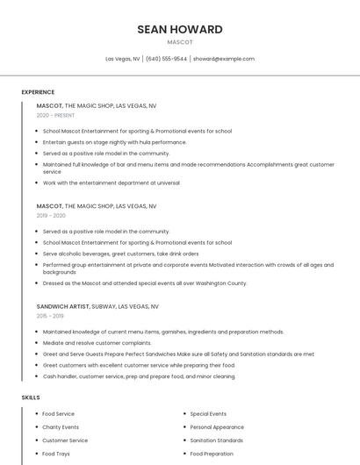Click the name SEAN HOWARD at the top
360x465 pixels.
(180, 29)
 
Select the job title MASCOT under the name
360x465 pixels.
(180, 42)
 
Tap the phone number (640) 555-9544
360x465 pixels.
(166, 59)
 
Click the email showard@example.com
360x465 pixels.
(224, 59)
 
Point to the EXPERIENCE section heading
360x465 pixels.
(38, 92)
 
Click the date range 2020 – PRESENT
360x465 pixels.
(55, 115)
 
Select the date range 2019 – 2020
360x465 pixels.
(51, 215)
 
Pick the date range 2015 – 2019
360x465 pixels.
(50, 316)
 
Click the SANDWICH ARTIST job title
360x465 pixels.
(63, 307)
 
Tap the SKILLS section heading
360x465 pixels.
(31, 397)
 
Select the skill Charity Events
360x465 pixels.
(61, 427)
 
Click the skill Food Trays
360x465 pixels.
(56, 454)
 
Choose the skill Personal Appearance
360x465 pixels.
(217, 427)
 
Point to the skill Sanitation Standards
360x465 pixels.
(217, 440)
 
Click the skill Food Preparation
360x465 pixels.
(212, 454)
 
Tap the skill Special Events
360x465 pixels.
(208, 414)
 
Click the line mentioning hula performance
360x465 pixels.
(114, 142)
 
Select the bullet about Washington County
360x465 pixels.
(145, 283)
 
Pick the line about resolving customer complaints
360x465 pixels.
(97, 343)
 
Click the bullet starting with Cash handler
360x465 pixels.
(139, 376)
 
